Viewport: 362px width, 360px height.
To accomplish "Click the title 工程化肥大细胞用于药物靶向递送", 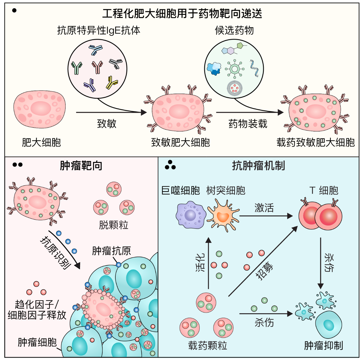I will pyautogui.click(x=182, y=14).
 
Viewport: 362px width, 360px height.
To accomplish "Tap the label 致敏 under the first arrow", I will pyautogui.click(x=107, y=124).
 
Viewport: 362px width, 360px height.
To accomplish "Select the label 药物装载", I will pyautogui.click(x=248, y=124).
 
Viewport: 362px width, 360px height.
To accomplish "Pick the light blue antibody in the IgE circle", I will pyautogui.click(x=96, y=50).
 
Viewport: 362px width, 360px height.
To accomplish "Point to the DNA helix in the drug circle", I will pyautogui.click(x=254, y=68).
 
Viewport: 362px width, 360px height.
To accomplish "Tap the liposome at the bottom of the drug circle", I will pyautogui.click(x=234, y=88).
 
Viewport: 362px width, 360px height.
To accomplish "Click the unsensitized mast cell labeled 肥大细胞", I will pyautogui.click(x=40, y=109).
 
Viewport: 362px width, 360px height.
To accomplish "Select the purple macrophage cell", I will pyautogui.click(x=191, y=215).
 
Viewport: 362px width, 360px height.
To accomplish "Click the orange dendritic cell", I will pyautogui.click(x=223, y=216).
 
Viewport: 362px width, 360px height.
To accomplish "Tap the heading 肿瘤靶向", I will pyautogui.click(x=81, y=166).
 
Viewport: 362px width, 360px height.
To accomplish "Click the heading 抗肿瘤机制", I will pyautogui.click(x=258, y=166).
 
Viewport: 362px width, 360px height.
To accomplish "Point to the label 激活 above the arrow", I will pyautogui.click(x=264, y=208).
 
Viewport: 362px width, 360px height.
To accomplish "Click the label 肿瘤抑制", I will pyautogui.click(x=323, y=346).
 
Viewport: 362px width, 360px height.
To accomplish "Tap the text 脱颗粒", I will pyautogui.click(x=114, y=225).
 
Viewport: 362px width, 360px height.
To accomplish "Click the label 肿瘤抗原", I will pyautogui.click(x=111, y=251).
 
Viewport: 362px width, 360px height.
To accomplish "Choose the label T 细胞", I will pyautogui.click(x=324, y=190).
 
